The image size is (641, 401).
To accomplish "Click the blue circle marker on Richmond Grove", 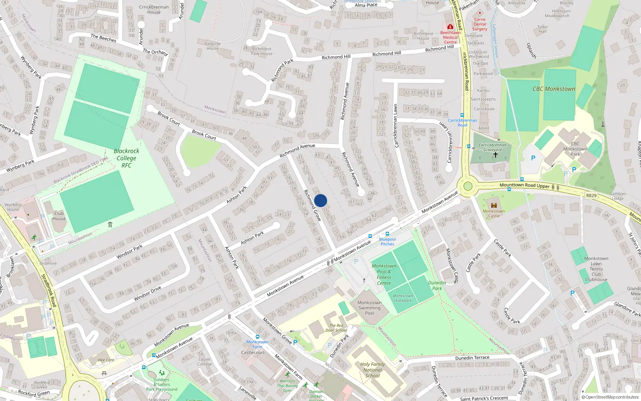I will pyautogui.click(x=320, y=200).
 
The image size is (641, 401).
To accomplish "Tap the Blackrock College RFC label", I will pyautogui.click(x=126, y=158).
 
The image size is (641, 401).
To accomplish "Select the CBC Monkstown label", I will pyautogui.click(x=554, y=89).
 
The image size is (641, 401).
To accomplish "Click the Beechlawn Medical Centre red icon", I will pyautogui.click(x=450, y=26).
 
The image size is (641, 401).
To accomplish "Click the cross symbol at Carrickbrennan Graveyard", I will pyautogui.click(x=495, y=154).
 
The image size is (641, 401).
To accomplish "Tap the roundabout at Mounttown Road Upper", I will pyautogui.click(x=468, y=186).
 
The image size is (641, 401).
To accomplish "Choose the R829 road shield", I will pyautogui.click(x=591, y=196).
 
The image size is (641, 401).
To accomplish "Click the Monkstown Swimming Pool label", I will pyautogui.click(x=369, y=308).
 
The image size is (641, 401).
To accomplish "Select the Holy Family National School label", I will pyautogui.click(x=373, y=370).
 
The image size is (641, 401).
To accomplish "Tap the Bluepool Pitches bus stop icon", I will pyautogui.click(x=387, y=234).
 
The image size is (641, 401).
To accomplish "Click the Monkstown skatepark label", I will pyautogui.click(x=403, y=298).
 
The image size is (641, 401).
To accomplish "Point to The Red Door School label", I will pyautogui.click(x=336, y=328).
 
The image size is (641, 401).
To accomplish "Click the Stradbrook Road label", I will pyautogui.click(x=47, y=290).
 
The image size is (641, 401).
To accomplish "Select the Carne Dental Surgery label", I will pyautogui.click(x=480, y=24).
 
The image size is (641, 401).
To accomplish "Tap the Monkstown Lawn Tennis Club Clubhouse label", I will pyautogui.click(x=596, y=269).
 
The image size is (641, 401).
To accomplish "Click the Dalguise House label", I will pyautogui.click(x=213, y=46).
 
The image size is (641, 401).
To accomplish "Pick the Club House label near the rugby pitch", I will pyautogui.click(x=59, y=216).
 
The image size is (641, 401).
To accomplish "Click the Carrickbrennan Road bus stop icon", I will pyautogui.click(x=462, y=115).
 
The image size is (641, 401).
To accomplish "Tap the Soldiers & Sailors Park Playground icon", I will pyautogui.click(x=162, y=373).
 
